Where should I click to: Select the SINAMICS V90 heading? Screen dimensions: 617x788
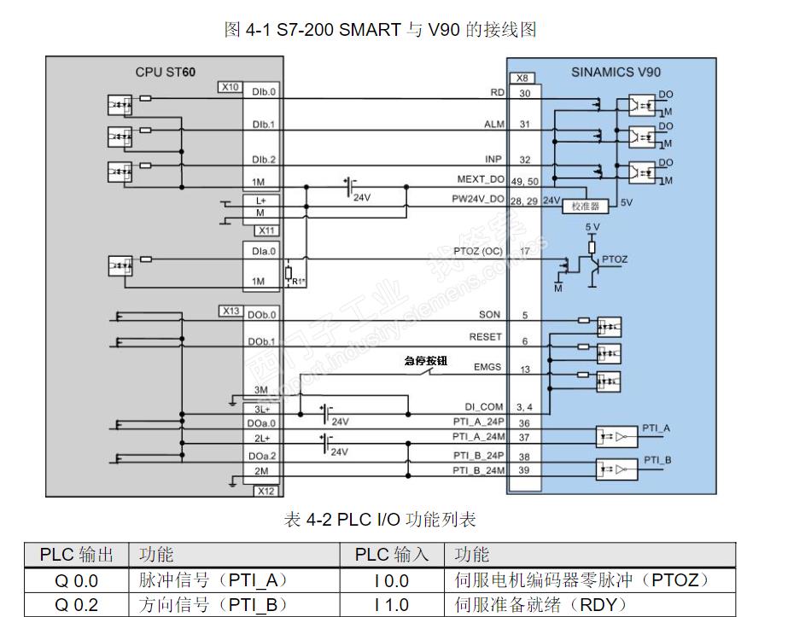click(x=615, y=72)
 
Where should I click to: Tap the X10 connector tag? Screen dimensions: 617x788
click(x=230, y=87)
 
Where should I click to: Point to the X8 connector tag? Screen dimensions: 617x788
click(x=522, y=78)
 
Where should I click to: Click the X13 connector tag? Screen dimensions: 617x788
click(x=231, y=311)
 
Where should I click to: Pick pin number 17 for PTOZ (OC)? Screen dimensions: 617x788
click(x=525, y=251)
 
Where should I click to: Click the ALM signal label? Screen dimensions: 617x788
click(x=494, y=125)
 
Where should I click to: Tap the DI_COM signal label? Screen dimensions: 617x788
click(x=483, y=407)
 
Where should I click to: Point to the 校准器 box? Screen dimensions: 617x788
click(x=585, y=207)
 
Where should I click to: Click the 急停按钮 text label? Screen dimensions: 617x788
click(x=427, y=360)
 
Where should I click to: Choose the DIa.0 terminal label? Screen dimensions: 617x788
click(x=264, y=252)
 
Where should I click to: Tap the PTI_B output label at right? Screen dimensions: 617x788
click(x=657, y=460)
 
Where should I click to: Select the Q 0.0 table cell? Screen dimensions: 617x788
click(x=77, y=581)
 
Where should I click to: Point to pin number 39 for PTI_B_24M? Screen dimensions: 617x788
click(x=524, y=470)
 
